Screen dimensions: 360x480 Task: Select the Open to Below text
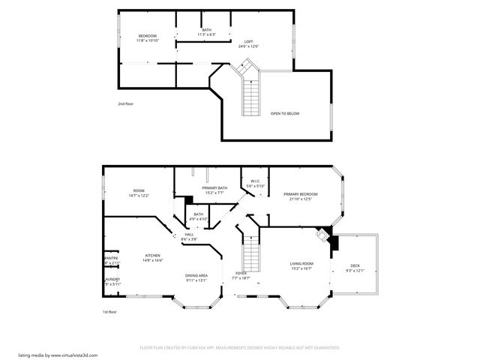285,113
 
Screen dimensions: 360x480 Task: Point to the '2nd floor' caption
126,103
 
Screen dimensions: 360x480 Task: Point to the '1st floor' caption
109,311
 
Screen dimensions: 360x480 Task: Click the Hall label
190,236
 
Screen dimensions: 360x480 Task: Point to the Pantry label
111,260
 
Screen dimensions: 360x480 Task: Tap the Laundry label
112,281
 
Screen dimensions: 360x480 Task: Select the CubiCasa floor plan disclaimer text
240,348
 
